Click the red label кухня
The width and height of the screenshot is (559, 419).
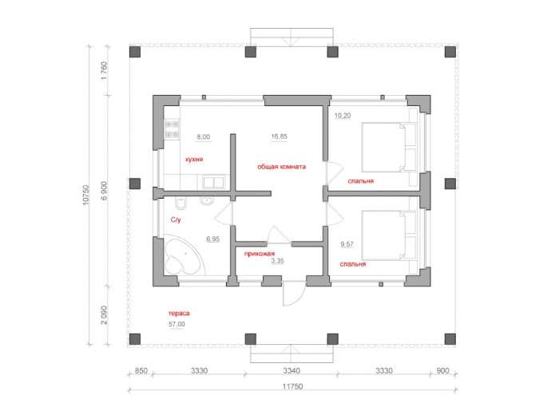point(194,160)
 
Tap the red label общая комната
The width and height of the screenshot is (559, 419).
point(282,167)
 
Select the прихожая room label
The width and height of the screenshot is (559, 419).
point(260,254)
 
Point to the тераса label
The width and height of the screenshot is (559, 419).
point(179,313)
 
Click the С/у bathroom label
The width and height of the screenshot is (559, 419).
point(176,219)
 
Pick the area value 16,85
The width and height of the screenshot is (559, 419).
point(279,136)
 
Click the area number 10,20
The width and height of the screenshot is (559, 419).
point(343,116)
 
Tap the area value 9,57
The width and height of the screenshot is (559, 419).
point(347,244)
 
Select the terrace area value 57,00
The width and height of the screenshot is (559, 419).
point(176,324)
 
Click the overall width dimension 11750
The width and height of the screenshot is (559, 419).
point(293,386)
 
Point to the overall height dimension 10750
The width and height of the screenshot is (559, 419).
point(86,195)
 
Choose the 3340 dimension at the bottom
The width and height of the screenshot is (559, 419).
point(291,371)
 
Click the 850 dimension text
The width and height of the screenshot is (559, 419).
point(141,371)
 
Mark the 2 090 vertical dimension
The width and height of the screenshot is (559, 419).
point(104,315)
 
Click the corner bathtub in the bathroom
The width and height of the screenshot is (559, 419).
point(184,255)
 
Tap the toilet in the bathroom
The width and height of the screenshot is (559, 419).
point(181,203)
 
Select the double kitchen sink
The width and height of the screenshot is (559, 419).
point(213,183)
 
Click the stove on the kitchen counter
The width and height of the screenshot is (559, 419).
point(172,129)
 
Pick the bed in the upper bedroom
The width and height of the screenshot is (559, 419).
point(390,147)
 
